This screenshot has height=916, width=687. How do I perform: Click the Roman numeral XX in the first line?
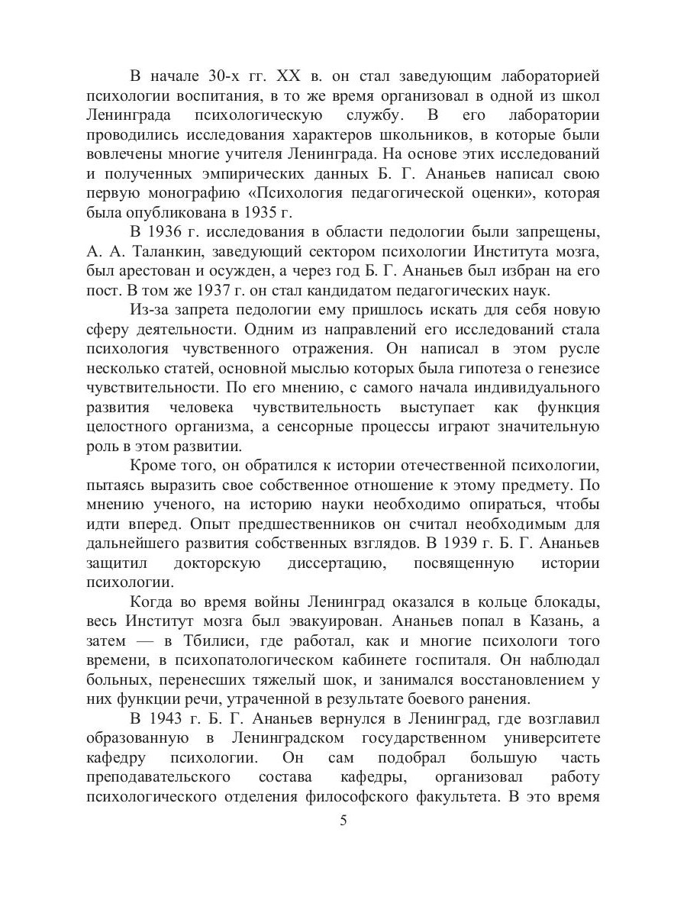tap(279, 76)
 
